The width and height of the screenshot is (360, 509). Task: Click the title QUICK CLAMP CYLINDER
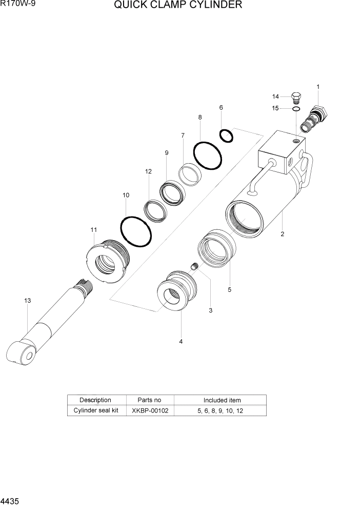(x=178, y=6)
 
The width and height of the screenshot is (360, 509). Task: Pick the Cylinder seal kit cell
(x=96, y=410)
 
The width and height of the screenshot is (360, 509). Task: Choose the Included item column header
(x=222, y=400)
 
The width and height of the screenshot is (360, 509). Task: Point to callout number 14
(x=275, y=96)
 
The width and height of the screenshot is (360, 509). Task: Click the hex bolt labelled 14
(x=296, y=97)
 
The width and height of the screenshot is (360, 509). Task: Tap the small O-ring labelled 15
(x=296, y=109)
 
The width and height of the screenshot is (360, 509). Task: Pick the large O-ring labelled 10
(x=136, y=231)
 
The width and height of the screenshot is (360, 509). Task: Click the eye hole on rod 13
(x=28, y=355)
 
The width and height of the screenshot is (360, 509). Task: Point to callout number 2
(x=282, y=234)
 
